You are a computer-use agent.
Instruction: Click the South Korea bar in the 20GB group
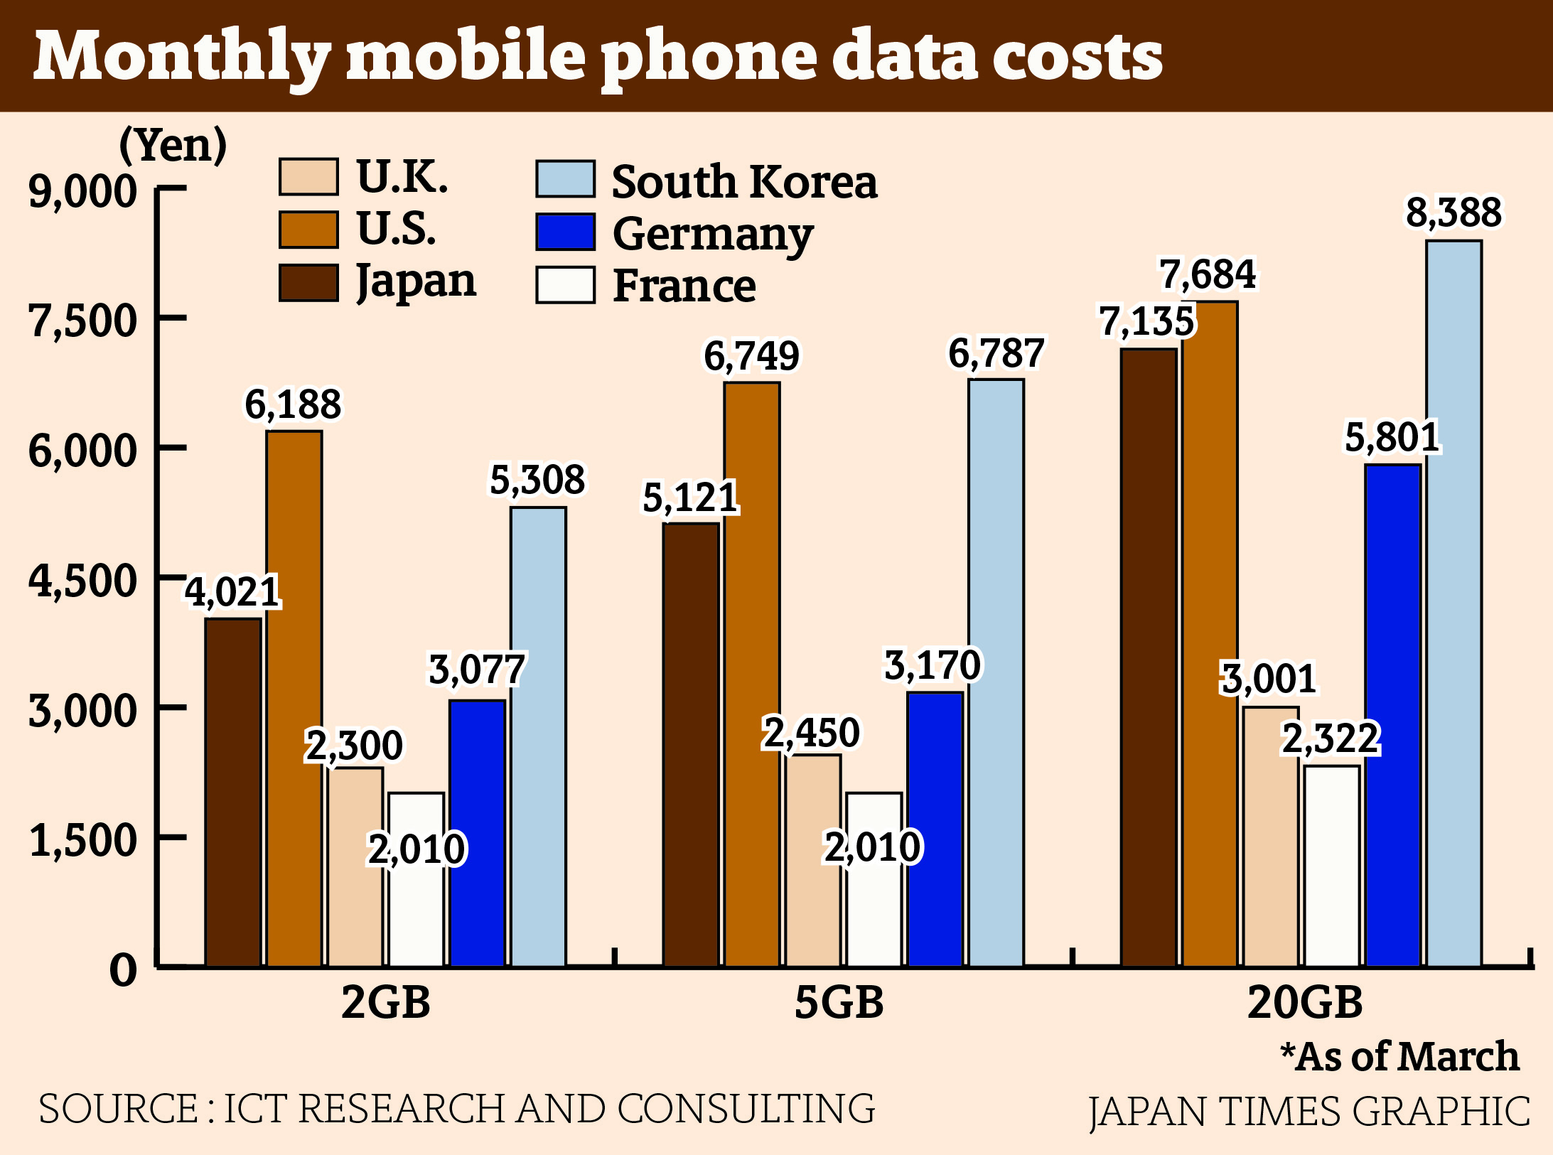click(x=1453, y=604)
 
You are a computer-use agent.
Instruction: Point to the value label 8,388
click(x=1453, y=213)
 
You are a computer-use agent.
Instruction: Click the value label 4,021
click(x=232, y=592)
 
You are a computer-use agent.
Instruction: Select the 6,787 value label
click(x=996, y=353)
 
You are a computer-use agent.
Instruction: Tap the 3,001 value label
click(x=1269, y=678)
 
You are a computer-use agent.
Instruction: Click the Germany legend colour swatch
click(x=565, y=232)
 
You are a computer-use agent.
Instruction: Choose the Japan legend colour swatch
click(x=308, y=283)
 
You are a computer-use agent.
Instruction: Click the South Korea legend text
click(x=744, y=181)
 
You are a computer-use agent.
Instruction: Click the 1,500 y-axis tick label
click(x=82, y=840)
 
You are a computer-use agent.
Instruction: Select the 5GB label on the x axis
click(x=839, y=1002)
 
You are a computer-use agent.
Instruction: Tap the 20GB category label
click(x=1305, y=1002)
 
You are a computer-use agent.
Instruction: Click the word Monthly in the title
click(x=182, y=57)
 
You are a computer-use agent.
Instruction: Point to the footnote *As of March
click(x=1399, y=1056)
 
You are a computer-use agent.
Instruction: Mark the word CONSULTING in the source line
click(x=746, y=1110)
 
